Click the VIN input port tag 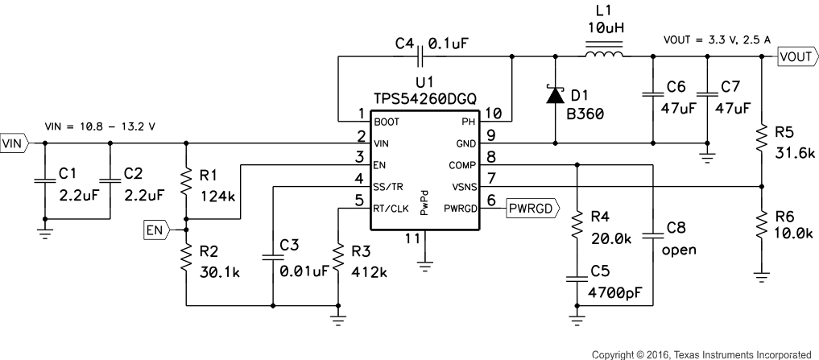tap(14, 143)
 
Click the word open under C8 tap(679, 250)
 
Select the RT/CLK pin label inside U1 tap(391, 208)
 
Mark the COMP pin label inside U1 tap(463, 164)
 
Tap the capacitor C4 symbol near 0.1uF tap(420, 56)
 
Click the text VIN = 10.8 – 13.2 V tap(100, 127)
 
